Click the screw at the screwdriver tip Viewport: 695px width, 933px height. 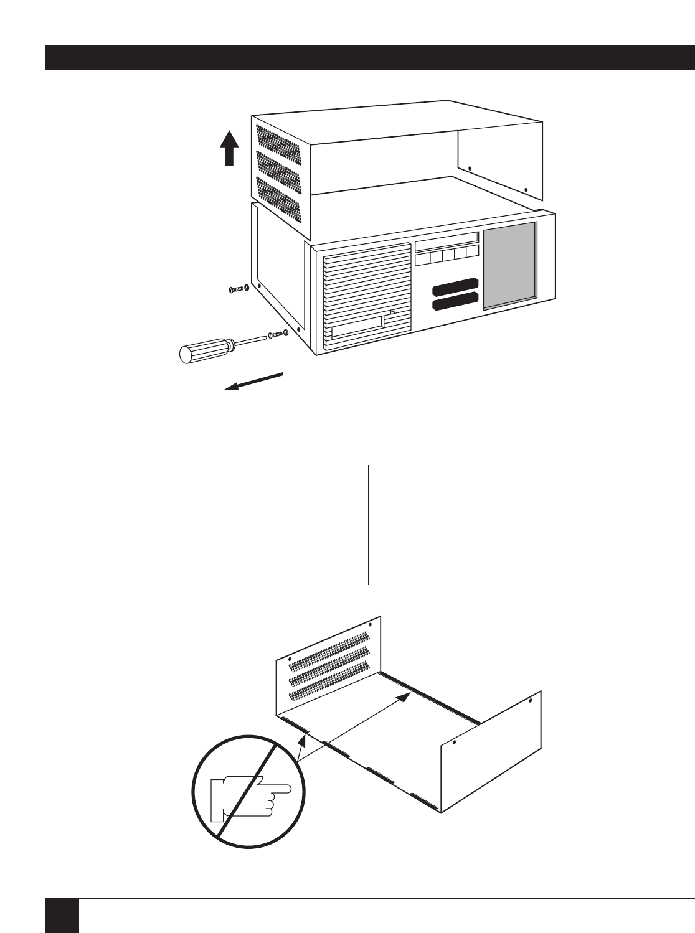(278, 334)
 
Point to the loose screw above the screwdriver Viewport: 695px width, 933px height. (239, 289)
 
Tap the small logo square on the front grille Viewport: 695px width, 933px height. (393, 312)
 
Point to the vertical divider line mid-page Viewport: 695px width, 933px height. (369, 524)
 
